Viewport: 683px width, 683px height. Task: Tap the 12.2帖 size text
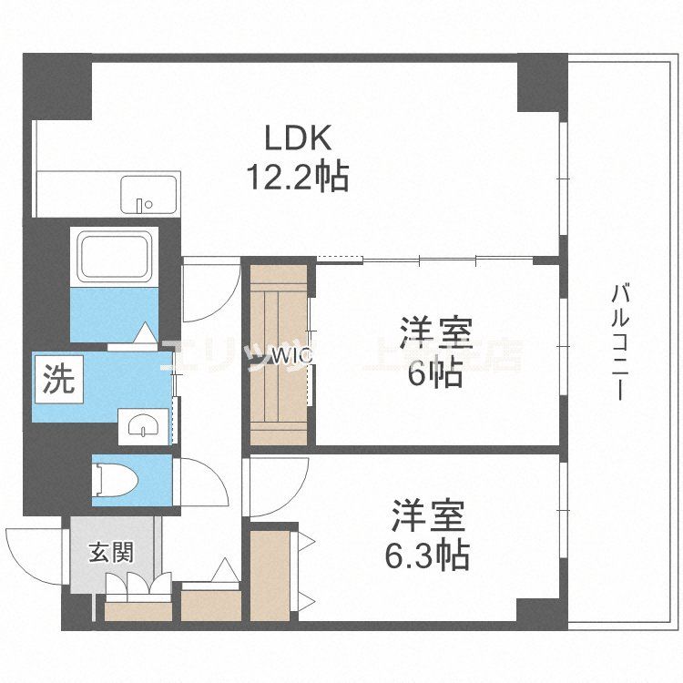(298, 176)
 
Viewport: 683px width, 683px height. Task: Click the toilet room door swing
(199, 483)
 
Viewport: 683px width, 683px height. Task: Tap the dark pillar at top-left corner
(56, 87)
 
